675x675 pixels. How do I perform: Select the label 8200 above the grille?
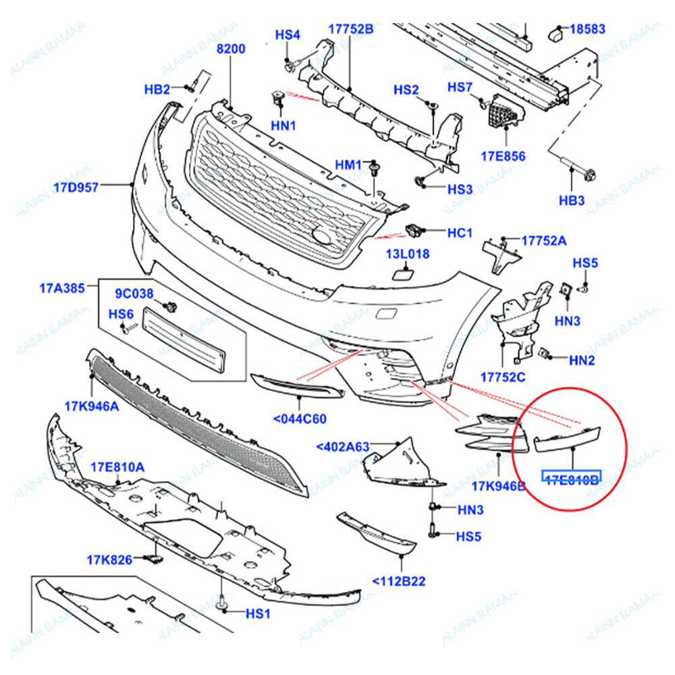230,49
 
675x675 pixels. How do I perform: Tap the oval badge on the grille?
322,236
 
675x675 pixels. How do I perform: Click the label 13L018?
408,254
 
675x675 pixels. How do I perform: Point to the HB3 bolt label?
572,201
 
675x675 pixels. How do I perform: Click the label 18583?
587,29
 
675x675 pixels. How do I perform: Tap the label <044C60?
300,419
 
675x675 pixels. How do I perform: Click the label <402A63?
343,446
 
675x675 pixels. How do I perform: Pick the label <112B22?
399,580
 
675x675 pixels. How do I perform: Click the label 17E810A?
117,467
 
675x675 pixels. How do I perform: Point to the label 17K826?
108,559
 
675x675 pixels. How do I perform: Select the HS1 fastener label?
257,614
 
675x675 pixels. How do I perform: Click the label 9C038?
134,294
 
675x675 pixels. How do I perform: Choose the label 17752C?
502,376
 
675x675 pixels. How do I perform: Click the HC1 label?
460,233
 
